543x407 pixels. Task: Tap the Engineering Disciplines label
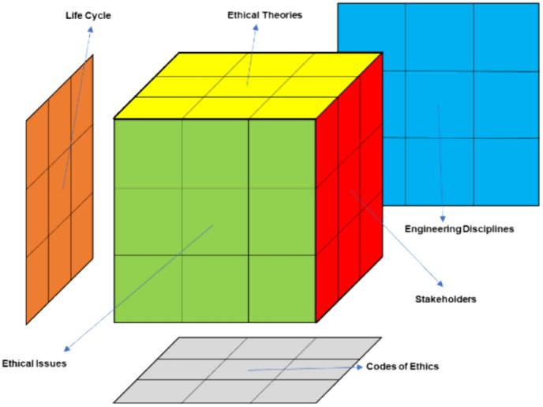coord(460,229)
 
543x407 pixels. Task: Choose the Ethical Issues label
coord(33,364)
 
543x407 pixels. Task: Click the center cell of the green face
coord(215,221)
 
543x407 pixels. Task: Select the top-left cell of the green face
coord(148,153)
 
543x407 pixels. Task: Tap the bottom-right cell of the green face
coord(282,288)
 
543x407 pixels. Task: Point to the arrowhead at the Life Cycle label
coord(91,27)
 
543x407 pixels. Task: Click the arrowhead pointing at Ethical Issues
coord(66,348)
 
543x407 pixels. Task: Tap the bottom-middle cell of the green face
coord(215,288)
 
